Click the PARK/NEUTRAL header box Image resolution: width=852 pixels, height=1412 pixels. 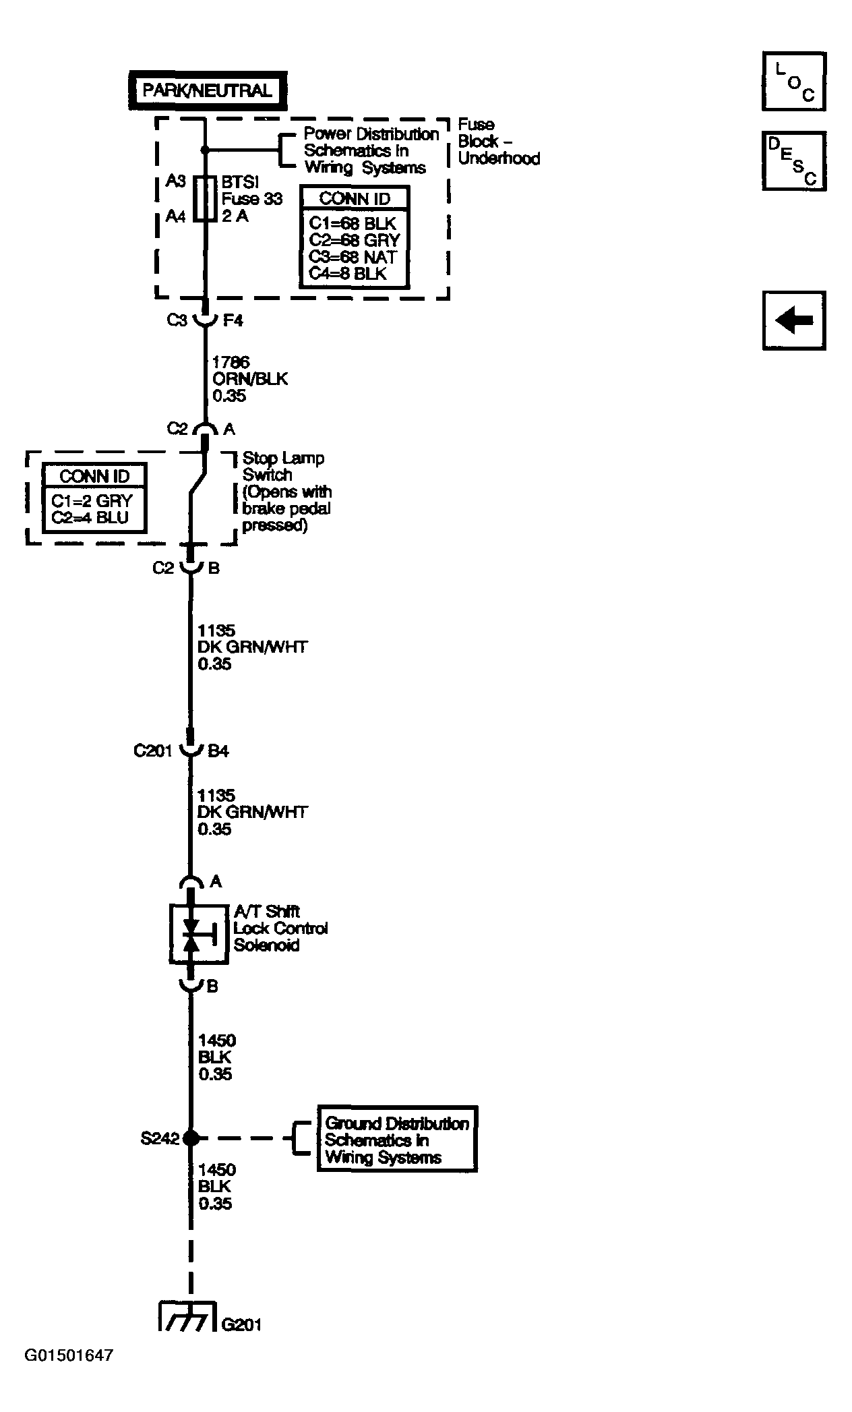pos(207,91)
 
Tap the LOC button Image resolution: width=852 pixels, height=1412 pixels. pos(793,81)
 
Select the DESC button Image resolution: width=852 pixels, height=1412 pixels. pos(793,160)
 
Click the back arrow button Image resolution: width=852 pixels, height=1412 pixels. pos(793,320)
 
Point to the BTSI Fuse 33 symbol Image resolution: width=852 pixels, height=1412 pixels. pos(204,199)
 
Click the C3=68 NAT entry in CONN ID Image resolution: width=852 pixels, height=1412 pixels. pos(353,257)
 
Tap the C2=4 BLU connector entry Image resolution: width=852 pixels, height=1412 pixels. pos(89,518)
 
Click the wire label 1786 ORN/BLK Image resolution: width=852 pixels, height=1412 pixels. pos(249,379)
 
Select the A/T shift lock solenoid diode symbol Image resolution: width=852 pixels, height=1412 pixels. pos(193,933)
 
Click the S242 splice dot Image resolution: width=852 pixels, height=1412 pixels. pos(191,1138)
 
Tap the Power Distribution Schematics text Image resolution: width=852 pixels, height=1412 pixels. pos(370,151)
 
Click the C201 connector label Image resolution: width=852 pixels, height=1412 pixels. pos(153,751)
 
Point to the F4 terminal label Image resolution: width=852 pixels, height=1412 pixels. pos(233,320)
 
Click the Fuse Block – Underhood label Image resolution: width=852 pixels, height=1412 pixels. pos(498,142)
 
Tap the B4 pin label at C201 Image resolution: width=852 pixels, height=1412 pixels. pos(218,751)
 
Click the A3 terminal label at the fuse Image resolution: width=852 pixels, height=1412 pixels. pos(176,181)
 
